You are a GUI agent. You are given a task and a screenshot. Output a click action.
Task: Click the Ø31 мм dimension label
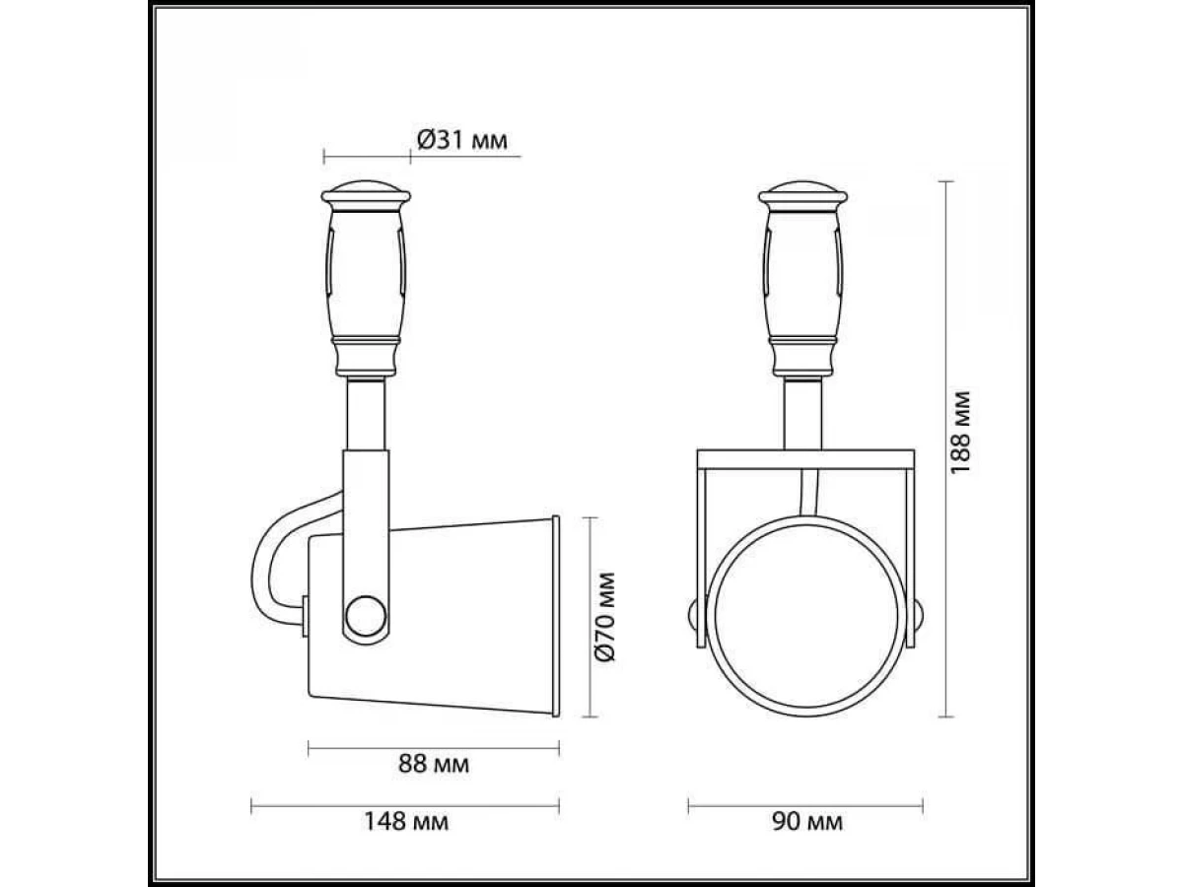[x=462, y=141]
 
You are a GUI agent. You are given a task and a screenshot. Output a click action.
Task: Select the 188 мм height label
[x=960, y=433]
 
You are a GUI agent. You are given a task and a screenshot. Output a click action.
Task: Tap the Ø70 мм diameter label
[x=604, y=617]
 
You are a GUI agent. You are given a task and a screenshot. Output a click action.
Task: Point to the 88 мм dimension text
[x=434, y=763]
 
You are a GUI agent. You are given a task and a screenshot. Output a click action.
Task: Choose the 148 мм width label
[x=406, y=821]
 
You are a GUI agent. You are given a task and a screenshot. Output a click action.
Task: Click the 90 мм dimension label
[x=807, y=821]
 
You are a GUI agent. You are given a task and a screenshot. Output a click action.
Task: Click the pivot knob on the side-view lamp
[x=366, y=616]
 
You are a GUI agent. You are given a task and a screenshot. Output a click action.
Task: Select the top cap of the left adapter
[x=366, y=193]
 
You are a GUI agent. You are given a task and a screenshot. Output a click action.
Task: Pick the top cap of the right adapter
[x=803, y=193]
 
